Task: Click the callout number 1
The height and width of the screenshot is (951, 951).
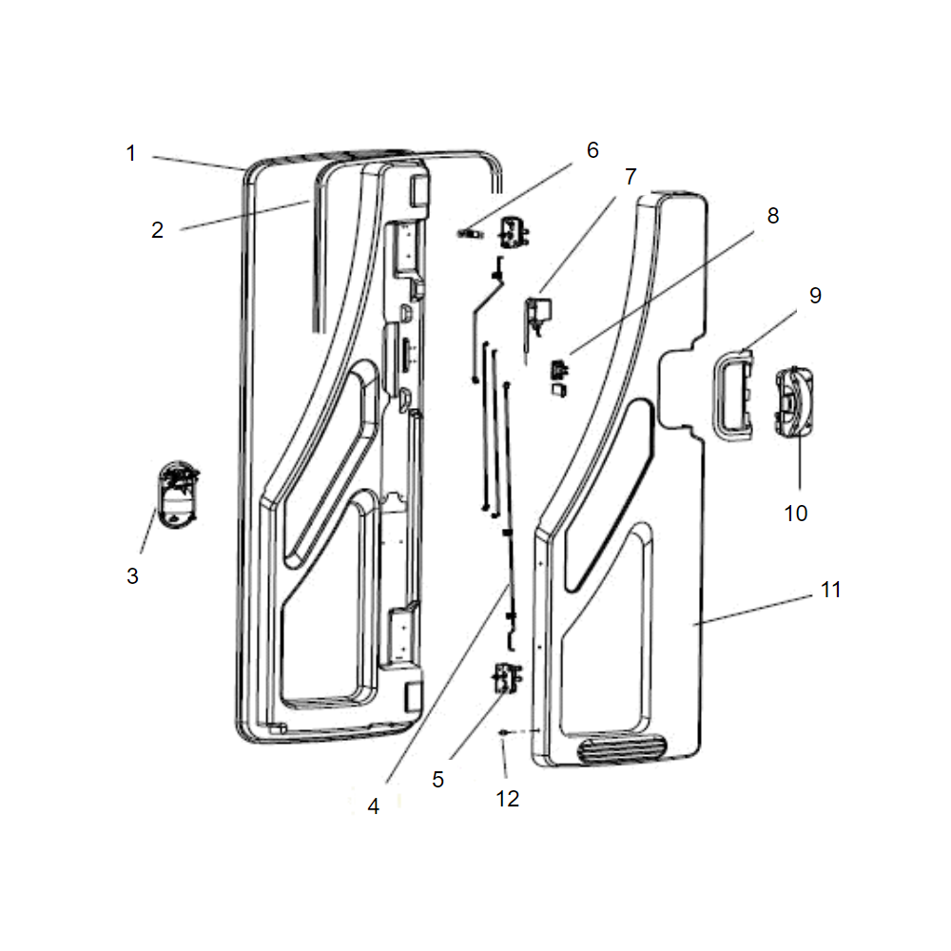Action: point(131,153)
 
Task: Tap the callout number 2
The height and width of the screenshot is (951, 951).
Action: point(157,230)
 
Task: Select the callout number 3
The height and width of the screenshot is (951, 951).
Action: point(132,575)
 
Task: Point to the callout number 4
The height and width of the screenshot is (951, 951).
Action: point(374,806)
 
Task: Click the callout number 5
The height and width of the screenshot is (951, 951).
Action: point(437,780)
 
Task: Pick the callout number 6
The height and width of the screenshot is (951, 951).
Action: point(592,150)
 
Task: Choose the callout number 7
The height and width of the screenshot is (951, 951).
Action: point(631,177)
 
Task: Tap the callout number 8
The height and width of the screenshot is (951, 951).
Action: point(772,215)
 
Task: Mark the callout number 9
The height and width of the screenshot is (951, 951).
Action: point(815,296)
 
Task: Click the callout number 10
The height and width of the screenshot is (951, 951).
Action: point(796,514)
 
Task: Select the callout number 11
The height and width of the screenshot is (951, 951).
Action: point(831,590)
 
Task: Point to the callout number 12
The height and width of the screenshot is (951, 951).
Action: point(508,799)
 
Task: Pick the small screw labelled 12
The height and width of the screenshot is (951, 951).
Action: point(503,733)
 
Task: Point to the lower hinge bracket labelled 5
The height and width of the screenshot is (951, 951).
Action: point(508,678)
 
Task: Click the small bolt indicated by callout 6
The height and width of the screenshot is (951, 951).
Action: point(470,234)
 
